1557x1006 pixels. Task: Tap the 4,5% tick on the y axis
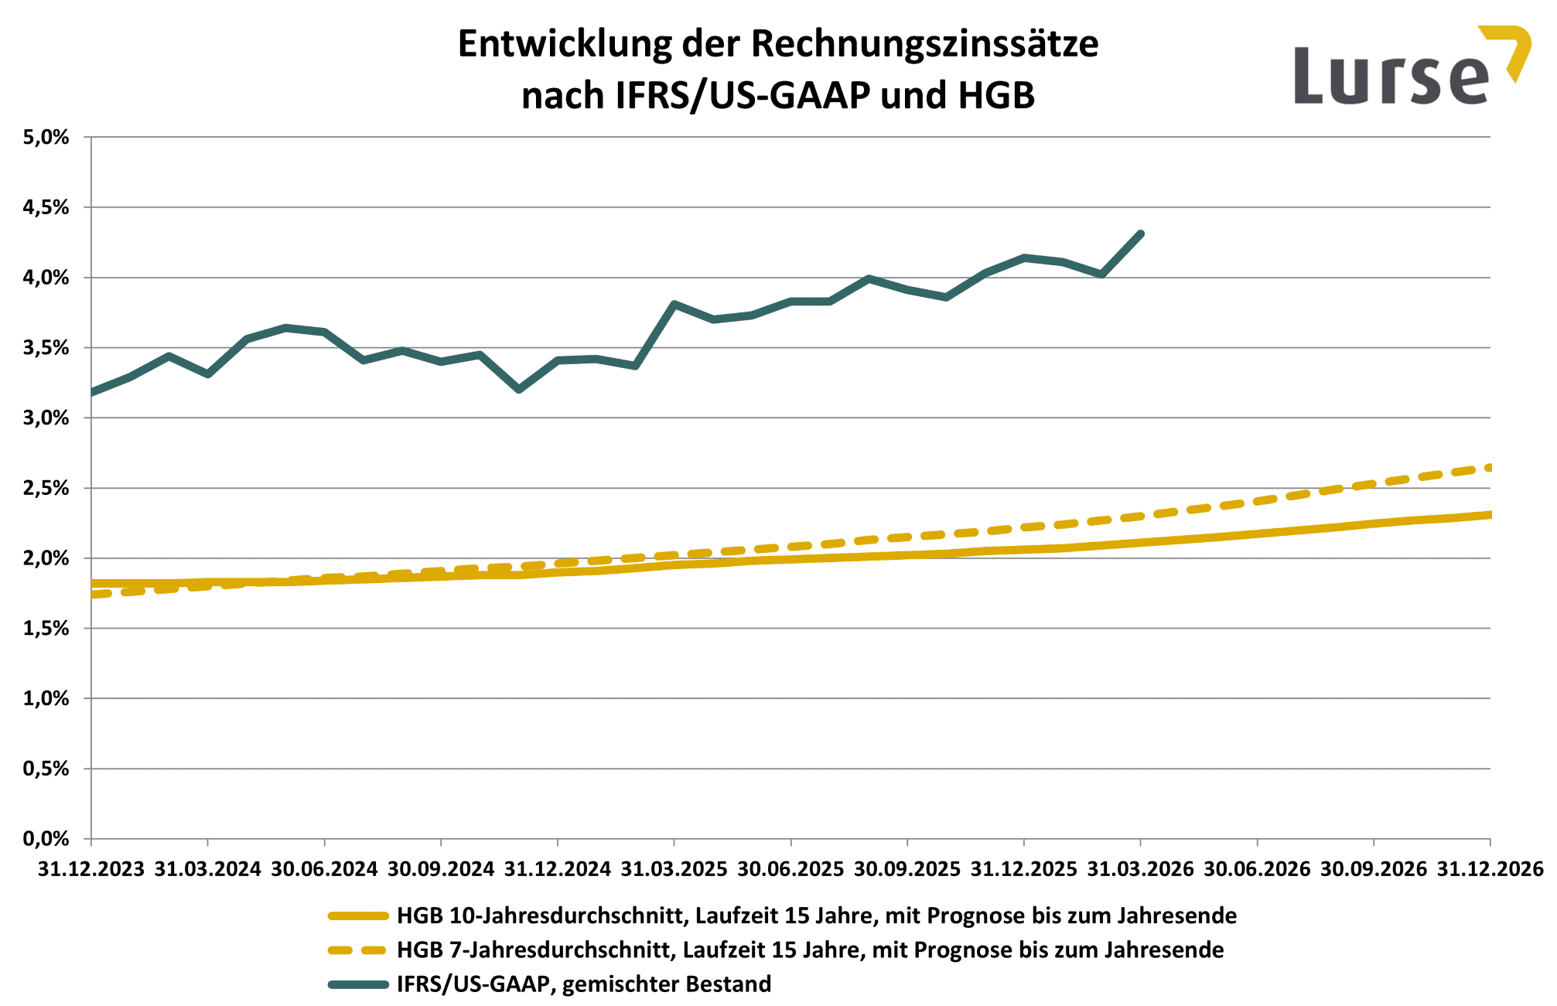coord(46,207)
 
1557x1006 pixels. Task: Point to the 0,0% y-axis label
coord(46,839)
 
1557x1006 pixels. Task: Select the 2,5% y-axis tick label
coord(46,488)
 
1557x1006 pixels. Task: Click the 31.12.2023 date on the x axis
coord(91,869)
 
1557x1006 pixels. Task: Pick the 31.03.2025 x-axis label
coord(674,869)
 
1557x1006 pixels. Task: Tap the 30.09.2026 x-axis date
coord(1373,869)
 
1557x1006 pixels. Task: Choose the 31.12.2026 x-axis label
coord(1490,869)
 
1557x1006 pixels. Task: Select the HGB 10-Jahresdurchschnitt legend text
coord(816,916)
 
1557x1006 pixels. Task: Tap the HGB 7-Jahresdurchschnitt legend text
coord(810,950)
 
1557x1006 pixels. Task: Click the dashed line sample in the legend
coord(358,950)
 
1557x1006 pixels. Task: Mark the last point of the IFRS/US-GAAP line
coord(1140,234)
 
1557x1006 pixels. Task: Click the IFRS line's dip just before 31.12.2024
coord(519,390)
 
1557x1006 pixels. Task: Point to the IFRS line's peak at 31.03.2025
coord(674,304)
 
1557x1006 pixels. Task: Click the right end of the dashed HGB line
coord(1489,467)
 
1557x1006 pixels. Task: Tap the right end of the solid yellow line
coord(1489,515)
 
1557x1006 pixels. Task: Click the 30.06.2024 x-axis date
coord(324,869)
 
